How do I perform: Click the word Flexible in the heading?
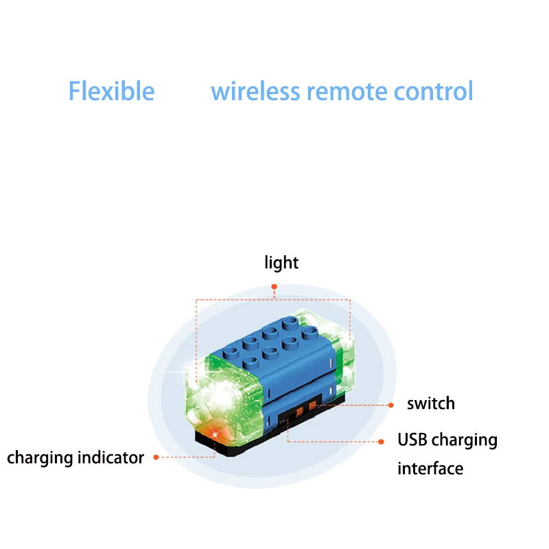[x=111, y=91]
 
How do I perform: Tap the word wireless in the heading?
[x=255, y=91]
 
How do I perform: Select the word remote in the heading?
[x=347, y=92]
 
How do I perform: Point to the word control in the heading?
[x=434, y=91]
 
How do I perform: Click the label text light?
[x=281, y=263]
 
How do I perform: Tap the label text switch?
[x=431, y=404]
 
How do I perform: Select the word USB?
[x=412, y=440]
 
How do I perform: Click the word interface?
[x=430, y=469]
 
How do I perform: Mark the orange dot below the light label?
[x=274, y=287]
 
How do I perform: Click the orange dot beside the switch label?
[x=391, y=405]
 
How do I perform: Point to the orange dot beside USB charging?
[x=382, y=442]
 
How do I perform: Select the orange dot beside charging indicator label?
[x=156, y=457]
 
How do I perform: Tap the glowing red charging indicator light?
[x=215, y=434]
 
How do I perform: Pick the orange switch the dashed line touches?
[x=312, y=406]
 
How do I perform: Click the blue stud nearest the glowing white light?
[x=250, y=362]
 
